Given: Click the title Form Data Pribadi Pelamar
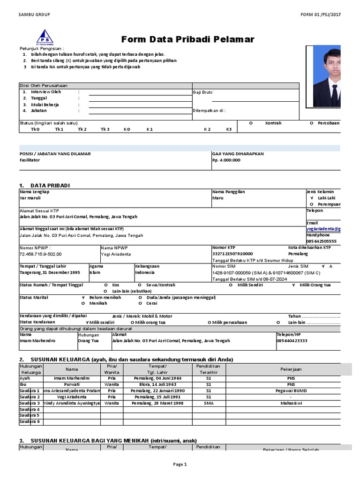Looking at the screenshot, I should (x=187, y=39).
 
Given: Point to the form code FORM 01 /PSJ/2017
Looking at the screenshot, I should (x=321, y=15).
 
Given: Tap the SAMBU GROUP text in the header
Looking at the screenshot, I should (x=34, y=15).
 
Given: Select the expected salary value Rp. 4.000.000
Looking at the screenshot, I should (x=226, y=160).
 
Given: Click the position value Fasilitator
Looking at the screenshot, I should (x=30, y=160).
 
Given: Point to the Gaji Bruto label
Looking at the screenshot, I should (x=203, y=92).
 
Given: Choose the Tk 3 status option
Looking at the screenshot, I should (x=105, y=129).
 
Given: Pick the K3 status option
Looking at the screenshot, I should (x=229, y=129).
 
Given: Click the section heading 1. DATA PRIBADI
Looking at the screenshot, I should (x=45, y=186).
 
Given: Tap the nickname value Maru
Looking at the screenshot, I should (x=218, y=198).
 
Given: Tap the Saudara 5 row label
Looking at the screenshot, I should (x=30, y=415).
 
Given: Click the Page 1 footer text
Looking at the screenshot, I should (x=180, y=465).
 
